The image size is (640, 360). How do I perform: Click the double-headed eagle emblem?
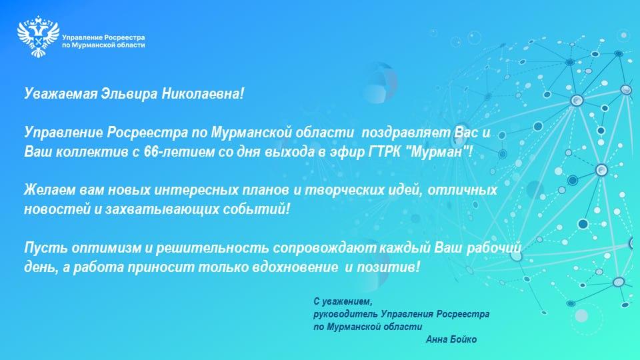(x=39, y=36)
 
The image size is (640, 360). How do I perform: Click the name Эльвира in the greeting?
(x=129, y=94)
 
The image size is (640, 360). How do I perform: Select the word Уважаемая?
(x=61, y=94)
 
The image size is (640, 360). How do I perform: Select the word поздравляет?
(x=406, y=133)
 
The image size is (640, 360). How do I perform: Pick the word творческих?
(x=339, y=190)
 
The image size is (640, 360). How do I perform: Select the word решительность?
(x=212, y=248)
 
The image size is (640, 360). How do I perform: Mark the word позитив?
(x=388, y=267)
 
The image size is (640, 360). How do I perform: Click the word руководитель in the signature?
(x=345, y=314)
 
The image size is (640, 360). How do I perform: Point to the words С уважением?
(x=343, y=301)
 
